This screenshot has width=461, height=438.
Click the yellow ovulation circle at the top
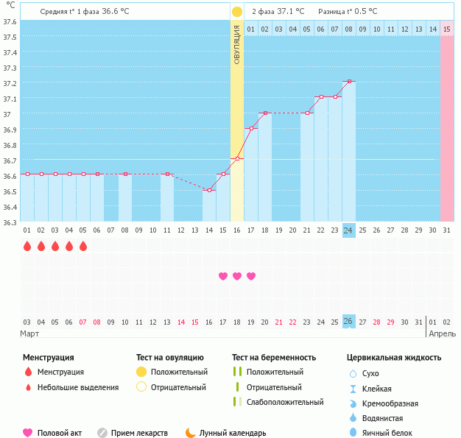(236, 12)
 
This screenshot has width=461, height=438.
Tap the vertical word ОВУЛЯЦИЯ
(237, 46)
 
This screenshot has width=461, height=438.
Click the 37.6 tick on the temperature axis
(10, 21)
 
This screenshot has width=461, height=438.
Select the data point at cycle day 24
(348, 81)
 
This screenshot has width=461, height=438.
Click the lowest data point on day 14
(209, 190)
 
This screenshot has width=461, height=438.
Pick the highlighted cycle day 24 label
(348, 230)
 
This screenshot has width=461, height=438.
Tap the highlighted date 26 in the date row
(348, 322)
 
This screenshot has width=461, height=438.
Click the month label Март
(29, 334)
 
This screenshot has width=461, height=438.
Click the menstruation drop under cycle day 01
(27, 246)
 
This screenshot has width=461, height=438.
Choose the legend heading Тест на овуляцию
(172, 358)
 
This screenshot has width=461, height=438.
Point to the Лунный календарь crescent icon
(190, 433)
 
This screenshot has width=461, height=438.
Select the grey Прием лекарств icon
(102, 433)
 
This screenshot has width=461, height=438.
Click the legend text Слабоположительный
(285, 402)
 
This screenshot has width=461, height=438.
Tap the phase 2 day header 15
(446, 29)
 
